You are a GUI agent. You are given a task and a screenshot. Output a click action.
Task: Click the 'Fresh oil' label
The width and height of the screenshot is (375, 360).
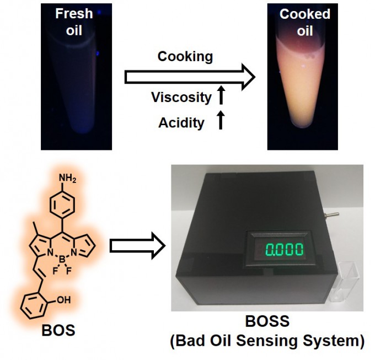coord(74,22)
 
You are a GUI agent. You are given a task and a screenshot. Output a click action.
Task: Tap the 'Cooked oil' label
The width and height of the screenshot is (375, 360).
coord(304,22)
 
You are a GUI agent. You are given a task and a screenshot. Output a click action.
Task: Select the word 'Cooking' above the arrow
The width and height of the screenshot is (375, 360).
coord(185,57)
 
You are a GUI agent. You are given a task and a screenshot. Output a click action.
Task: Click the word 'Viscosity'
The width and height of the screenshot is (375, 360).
coord(181,98)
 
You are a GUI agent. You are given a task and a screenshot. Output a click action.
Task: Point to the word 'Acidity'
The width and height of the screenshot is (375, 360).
coord(181,123)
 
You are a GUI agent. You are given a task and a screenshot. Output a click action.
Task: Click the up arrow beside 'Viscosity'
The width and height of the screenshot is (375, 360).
coord(221,94)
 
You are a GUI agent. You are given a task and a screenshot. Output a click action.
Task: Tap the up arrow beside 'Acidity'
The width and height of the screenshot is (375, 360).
coord(221,120)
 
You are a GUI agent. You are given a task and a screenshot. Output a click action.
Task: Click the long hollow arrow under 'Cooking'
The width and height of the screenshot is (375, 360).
coord(190,77)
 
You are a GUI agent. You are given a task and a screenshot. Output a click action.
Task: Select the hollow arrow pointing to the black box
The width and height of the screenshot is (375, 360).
coord(137,246)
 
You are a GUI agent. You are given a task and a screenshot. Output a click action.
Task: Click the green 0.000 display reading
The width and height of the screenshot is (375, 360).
coord(284,250)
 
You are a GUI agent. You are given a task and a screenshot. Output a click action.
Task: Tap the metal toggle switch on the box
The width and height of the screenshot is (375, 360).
coord(332,214)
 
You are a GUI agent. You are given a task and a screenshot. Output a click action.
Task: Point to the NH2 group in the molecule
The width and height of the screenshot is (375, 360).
coord(67,178)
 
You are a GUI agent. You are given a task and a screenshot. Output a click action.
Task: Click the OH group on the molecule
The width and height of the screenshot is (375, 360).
coord(63,300)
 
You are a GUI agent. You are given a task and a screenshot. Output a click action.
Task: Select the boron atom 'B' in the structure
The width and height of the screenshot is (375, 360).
coord(62,259)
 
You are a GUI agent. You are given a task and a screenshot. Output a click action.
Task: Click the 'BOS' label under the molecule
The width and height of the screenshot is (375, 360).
coord(58,330)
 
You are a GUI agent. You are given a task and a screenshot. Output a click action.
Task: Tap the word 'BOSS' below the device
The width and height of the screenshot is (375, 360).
coord(267,321)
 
